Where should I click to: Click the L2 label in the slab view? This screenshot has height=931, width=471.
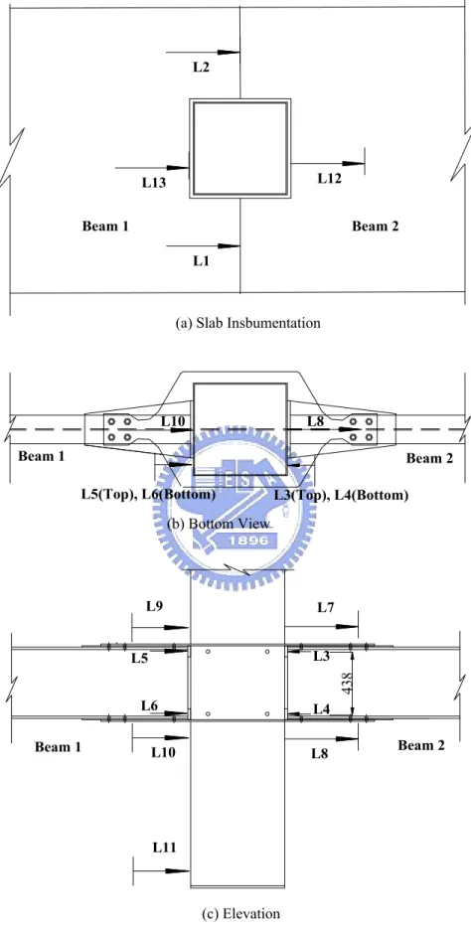click(202, 68)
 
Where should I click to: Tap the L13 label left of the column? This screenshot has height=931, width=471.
click(154, 183)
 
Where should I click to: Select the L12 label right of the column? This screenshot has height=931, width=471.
click(330, 178)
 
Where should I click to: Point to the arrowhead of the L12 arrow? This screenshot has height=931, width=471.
click(353, 163)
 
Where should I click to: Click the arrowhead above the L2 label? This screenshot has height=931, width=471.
click(229, 53)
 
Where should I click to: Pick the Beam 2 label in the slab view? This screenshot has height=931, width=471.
click(376, 226)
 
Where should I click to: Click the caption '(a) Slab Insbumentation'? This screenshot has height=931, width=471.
click(248, 322)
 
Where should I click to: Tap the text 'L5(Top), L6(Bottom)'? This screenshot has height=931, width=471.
click(148, 495)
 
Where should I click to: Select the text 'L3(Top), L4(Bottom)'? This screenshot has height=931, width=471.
click(341, 495)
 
